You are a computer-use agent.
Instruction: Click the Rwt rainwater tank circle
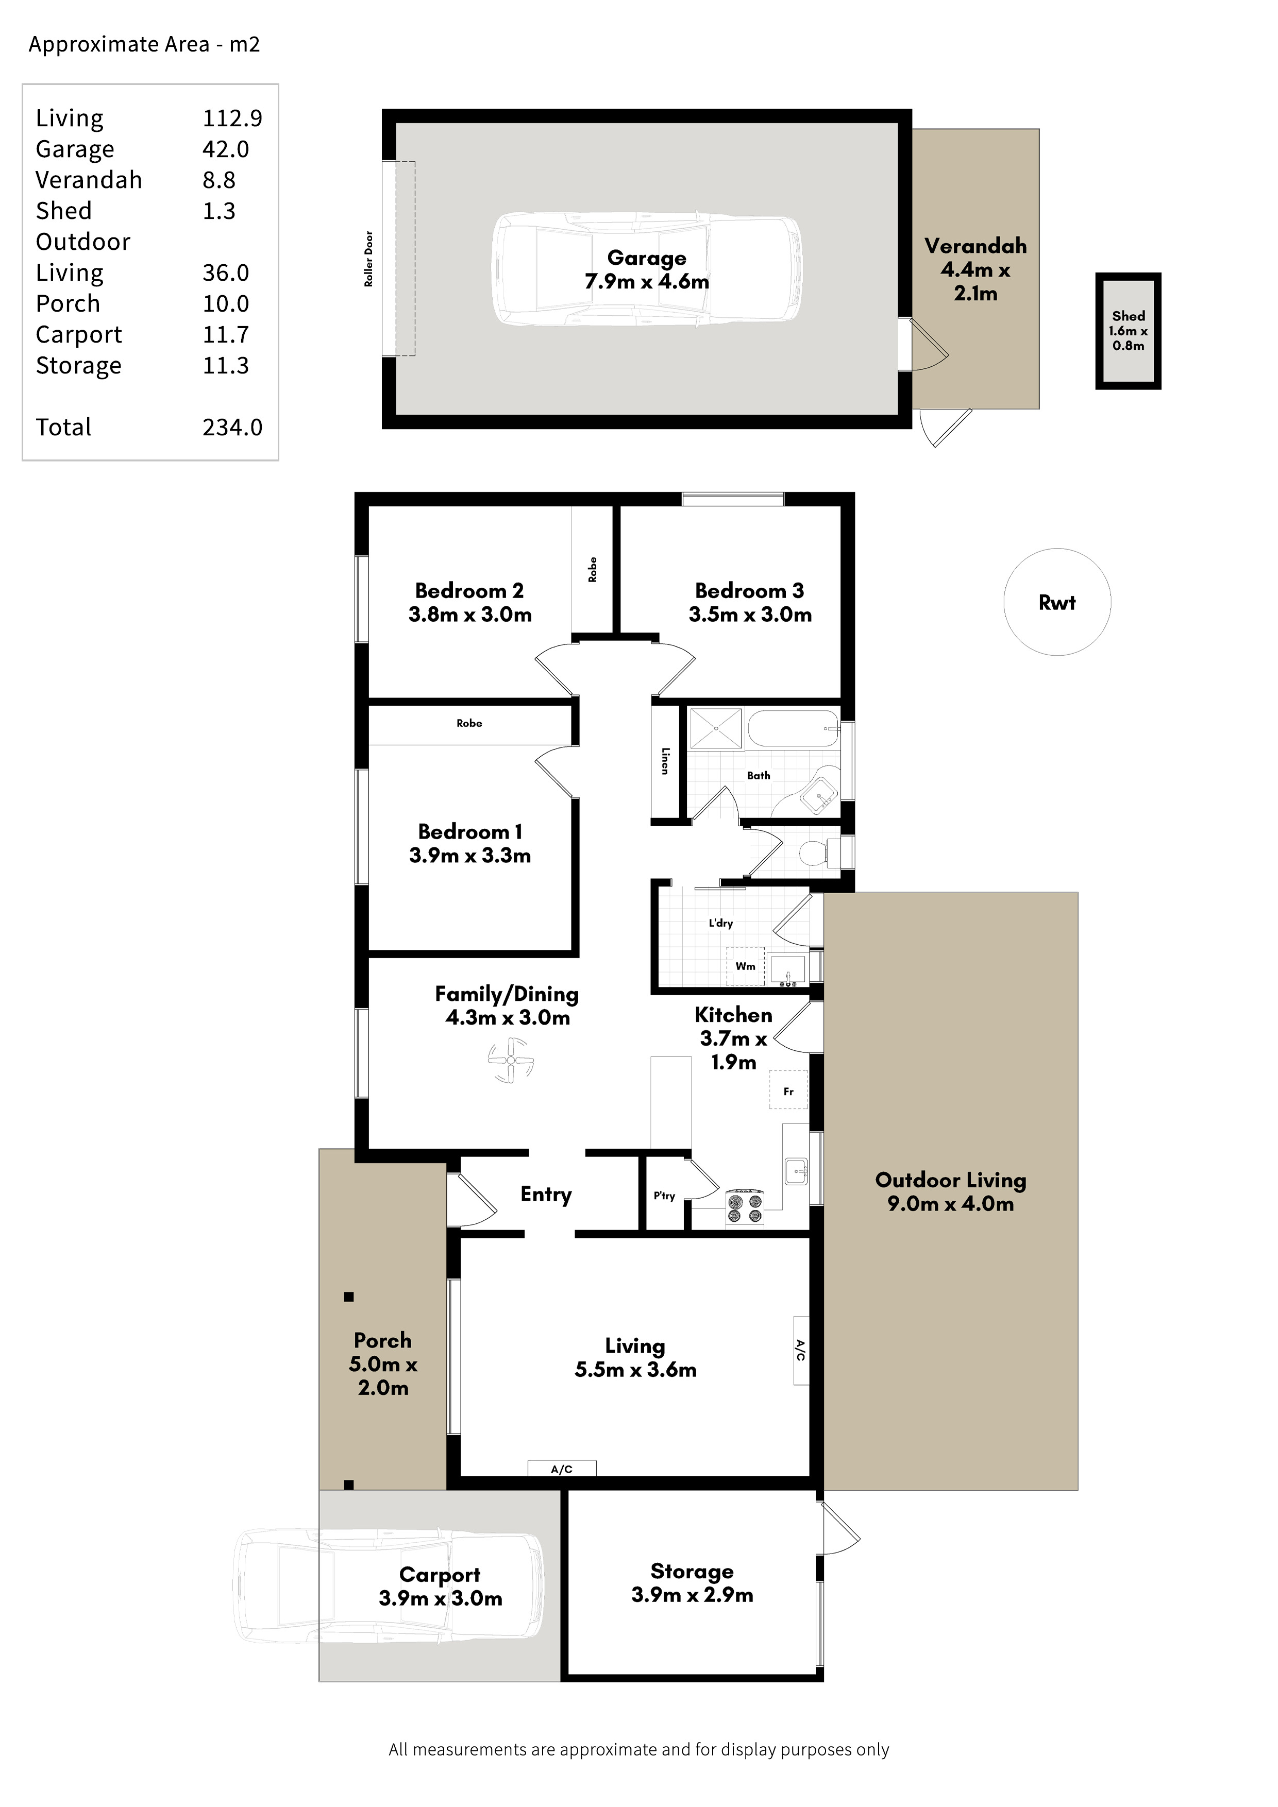(1057, 549)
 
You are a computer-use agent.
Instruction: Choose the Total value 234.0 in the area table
(232, 428)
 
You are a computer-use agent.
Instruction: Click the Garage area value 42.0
(226, 149)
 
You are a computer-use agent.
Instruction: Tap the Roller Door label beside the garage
(368, 259)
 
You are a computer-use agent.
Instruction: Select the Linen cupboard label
(665, 761)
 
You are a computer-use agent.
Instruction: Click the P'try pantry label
(664, 1196)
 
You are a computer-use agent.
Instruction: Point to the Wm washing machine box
(745, 966)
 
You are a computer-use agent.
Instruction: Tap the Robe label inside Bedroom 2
(592, 570)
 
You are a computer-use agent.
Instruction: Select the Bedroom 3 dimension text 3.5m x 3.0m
(750, 615)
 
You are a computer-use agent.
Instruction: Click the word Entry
(546, 1195)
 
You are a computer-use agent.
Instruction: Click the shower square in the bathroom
(716, 728)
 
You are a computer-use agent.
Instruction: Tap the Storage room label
(692, 1572)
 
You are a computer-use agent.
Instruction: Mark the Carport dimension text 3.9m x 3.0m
(440, 1598)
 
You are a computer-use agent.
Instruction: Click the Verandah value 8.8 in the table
(219, 180)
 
